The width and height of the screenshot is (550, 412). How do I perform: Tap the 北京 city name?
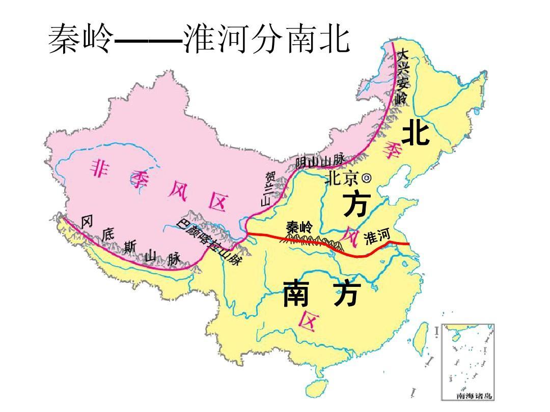tap(342, 178)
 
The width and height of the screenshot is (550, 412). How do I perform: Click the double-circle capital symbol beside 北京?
tap(366, 178)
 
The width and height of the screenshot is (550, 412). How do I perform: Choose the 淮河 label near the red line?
tap(377, 236)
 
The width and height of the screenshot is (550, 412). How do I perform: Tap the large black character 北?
tap(416, 134)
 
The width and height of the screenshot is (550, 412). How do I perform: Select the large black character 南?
tap(296, 293)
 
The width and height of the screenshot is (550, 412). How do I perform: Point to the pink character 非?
tap(101, 167)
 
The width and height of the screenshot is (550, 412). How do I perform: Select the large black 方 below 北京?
tap(355, 204)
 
